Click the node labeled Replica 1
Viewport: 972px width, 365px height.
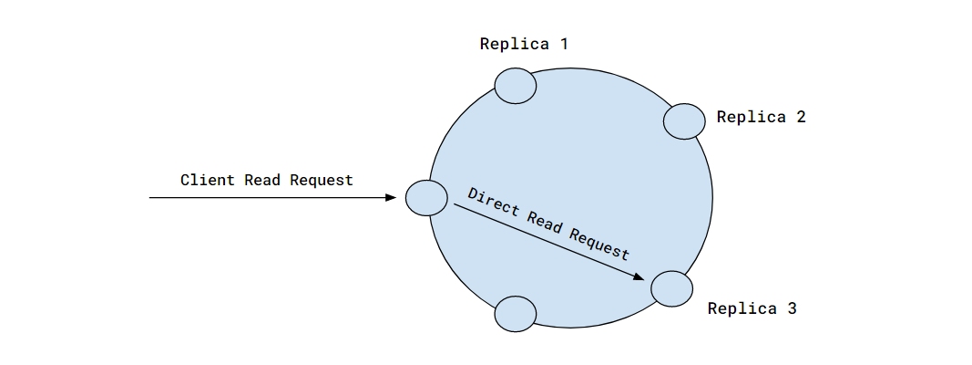click(x=515, y=85)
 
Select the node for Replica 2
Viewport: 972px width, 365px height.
click(x=684, y=120)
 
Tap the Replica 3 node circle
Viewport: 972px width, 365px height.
click(x=672, y=288)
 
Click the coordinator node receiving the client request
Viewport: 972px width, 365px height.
click(x=425, y=198)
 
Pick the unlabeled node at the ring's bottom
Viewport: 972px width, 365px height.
click(x=515, y=314)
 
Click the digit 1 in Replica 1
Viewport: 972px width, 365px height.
click(x=564, y=44)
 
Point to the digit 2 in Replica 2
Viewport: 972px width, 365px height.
click(x=801, y=117)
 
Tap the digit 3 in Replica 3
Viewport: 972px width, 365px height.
click(x=792, y=308)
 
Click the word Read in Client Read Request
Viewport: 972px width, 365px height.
click(x=262, y=180)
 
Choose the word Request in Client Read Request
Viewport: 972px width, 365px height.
click(x=321, y=180)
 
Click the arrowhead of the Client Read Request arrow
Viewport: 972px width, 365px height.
click(x=392, y=197)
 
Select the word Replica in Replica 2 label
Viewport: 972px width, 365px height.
click(x=749, y=117)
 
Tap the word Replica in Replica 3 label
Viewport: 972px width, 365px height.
click(x=740, y=308)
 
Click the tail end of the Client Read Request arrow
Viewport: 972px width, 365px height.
click(x=151, y=197)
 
